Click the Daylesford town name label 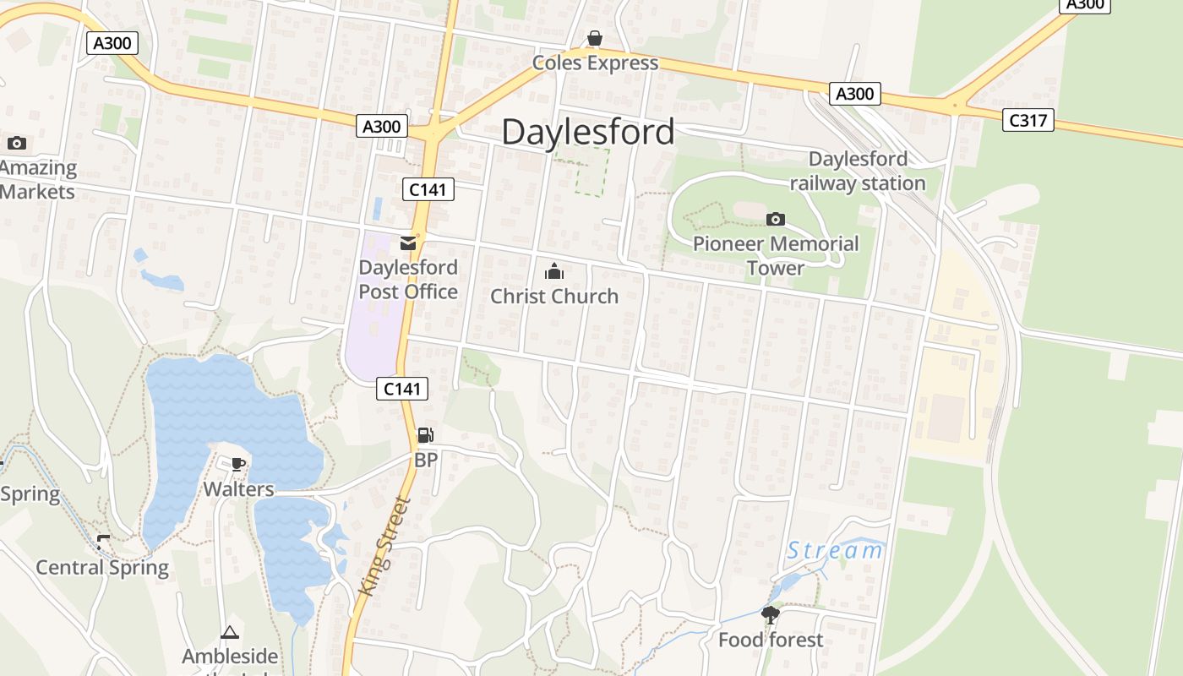[x=588, y=132]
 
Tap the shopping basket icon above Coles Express [x=595, y=39]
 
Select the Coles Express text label [x=595, y=63]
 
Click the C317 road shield [x=1028, y=120]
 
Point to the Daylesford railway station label [x=858, y=171]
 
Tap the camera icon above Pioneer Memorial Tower [x=775, y=220]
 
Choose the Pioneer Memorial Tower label [x=775, y=256]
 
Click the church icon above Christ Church [x=554, y=271]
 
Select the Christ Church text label [x=554, y=297]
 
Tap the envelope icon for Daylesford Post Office [x=408, y=243]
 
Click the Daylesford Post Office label [x=408, y=280]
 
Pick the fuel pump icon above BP [x=426, y=435]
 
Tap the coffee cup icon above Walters [x=238, y=464]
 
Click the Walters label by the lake [x=238, y=489]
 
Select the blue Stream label [x=835, y=552]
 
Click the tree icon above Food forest [x=770, y=615]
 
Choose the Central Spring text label [x=102, y=567]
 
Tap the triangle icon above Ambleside [x=230, y=632]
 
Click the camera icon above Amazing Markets [x=17, y=143]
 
